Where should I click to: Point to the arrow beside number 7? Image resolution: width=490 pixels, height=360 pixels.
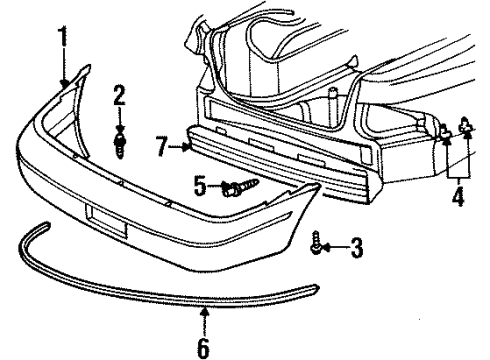point(188,147)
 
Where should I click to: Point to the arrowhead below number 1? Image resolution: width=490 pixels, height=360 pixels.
point(66,85)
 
